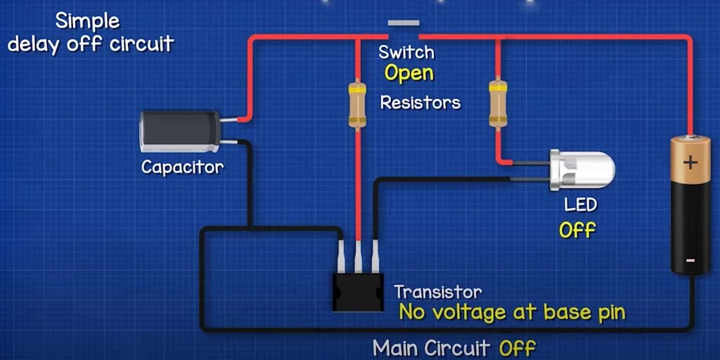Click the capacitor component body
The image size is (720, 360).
pyautogui.click(x=180, y=131)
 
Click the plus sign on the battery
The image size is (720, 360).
pyautogui.click(x=690, y=163)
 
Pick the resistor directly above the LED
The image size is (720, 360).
pyautogui.click(x=499, y=104)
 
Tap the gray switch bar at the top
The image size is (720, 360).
pyautogui.click(x=403, y=22)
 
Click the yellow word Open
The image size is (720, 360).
pyautogui.click(x=409, y=72)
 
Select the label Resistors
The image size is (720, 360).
pyautogui.click(x=420, y=103)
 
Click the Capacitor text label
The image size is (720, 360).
pyautogui.click(x=182, y=167)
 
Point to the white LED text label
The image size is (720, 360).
pyautogui.click(x=581, y=205)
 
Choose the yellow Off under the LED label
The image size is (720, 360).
pyautogui.click(x=577, y=230)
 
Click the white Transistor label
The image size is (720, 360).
pyautogui.click(x=438, y=292)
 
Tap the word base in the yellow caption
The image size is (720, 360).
pyautogui.click(x=546, y=312)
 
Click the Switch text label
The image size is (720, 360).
pyautogui.click(x=406, y=52)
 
